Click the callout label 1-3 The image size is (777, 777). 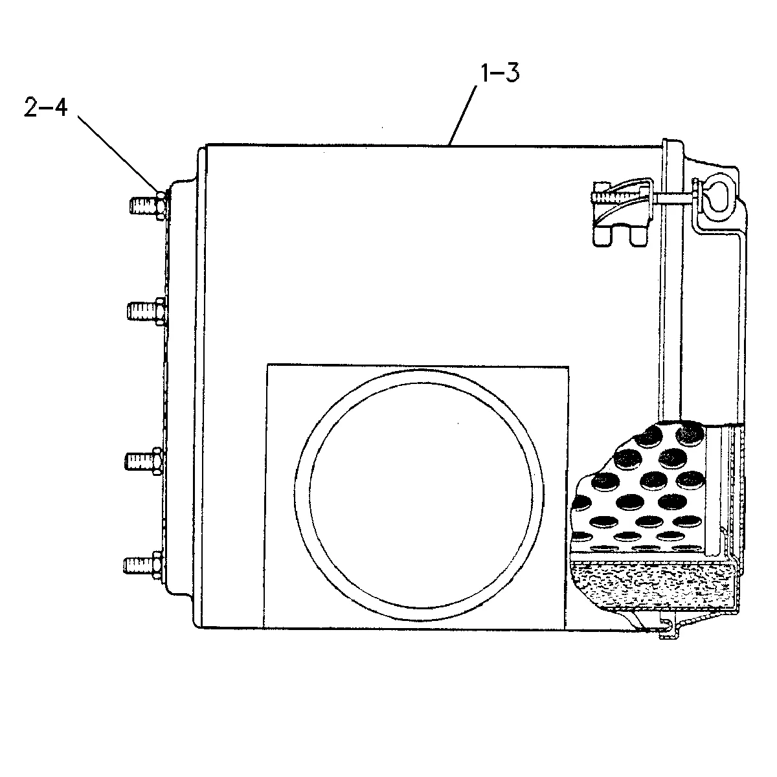(x=500, y=73)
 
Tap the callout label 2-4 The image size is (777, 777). (x=45, y=107)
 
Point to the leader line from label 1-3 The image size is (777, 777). (x=464, y=115)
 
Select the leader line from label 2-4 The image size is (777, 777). (x=118, y=154)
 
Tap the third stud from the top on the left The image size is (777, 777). (x=144, y=461)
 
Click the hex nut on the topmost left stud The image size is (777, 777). (x=160, y=206)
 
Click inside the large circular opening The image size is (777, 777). (x=420, y=494)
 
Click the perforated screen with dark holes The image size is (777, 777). (x=641, y=488)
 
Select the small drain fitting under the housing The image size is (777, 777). (x=670, y=632)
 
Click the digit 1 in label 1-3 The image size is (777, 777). (x=486, y=73)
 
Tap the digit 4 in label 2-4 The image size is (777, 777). (x=60, y=107)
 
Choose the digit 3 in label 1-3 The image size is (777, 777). (x=512, y=73)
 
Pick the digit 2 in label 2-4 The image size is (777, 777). (x=30, y=107)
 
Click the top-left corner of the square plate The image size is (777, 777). (x=267, y=365)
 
